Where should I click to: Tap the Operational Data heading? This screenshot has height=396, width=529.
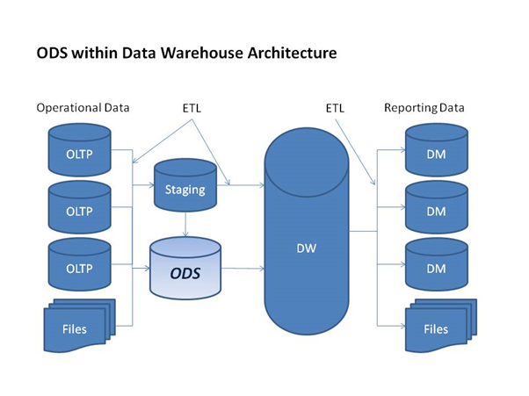83,108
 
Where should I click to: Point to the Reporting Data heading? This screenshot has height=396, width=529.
424,108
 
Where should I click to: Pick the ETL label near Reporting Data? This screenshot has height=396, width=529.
335,108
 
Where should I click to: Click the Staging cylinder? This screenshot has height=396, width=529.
185,186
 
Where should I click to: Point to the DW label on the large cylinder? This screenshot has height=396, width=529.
307,248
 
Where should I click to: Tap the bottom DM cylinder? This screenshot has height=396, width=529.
436,267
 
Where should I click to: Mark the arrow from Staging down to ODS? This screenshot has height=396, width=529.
185,224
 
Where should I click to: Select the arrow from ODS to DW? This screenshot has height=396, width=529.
243,267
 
